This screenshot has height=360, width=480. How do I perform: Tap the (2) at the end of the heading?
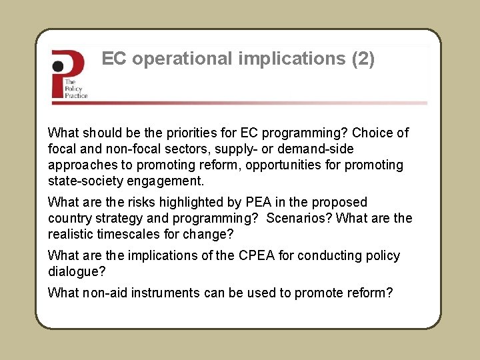[363, 59]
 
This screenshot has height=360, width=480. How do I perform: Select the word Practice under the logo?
[76, 95]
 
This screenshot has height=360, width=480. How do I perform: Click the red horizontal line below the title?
[240, 103]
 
